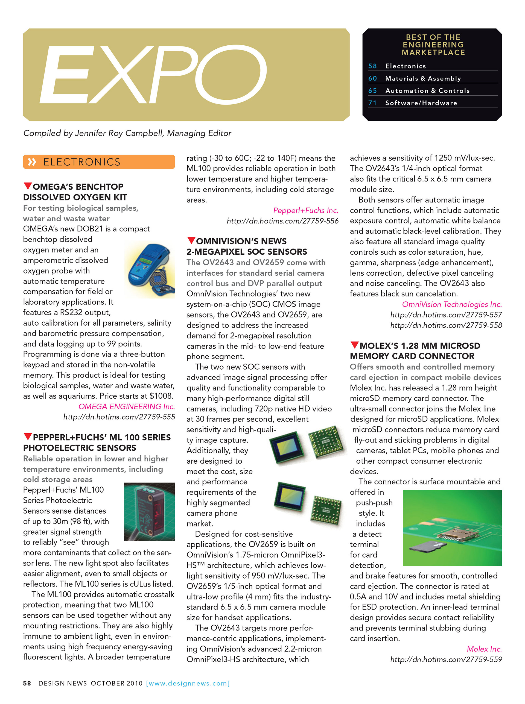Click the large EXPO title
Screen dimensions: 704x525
pos(153,75)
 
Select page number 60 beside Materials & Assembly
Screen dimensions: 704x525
pos(372,78)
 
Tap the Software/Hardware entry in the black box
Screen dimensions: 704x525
pos(421,103)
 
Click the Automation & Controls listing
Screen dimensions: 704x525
pos(427,91)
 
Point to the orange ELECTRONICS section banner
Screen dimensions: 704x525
pos(99,162)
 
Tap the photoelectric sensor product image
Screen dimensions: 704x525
pos(149,512)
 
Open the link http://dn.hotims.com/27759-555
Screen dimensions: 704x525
pos(119,417)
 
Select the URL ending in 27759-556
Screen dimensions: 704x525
pos(282,221)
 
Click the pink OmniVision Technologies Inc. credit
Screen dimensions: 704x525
pos(452,304)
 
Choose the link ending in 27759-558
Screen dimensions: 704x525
pos(446,325)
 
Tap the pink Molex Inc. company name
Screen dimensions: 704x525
pos(484,649)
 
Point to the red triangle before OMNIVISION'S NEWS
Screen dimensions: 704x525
pos(191,240)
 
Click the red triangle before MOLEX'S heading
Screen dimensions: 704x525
pos(354,345)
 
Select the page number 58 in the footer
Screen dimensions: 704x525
pos(27,683)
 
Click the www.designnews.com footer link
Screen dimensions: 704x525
pos(188,683)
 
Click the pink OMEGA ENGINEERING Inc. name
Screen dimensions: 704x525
pos(127,407)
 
